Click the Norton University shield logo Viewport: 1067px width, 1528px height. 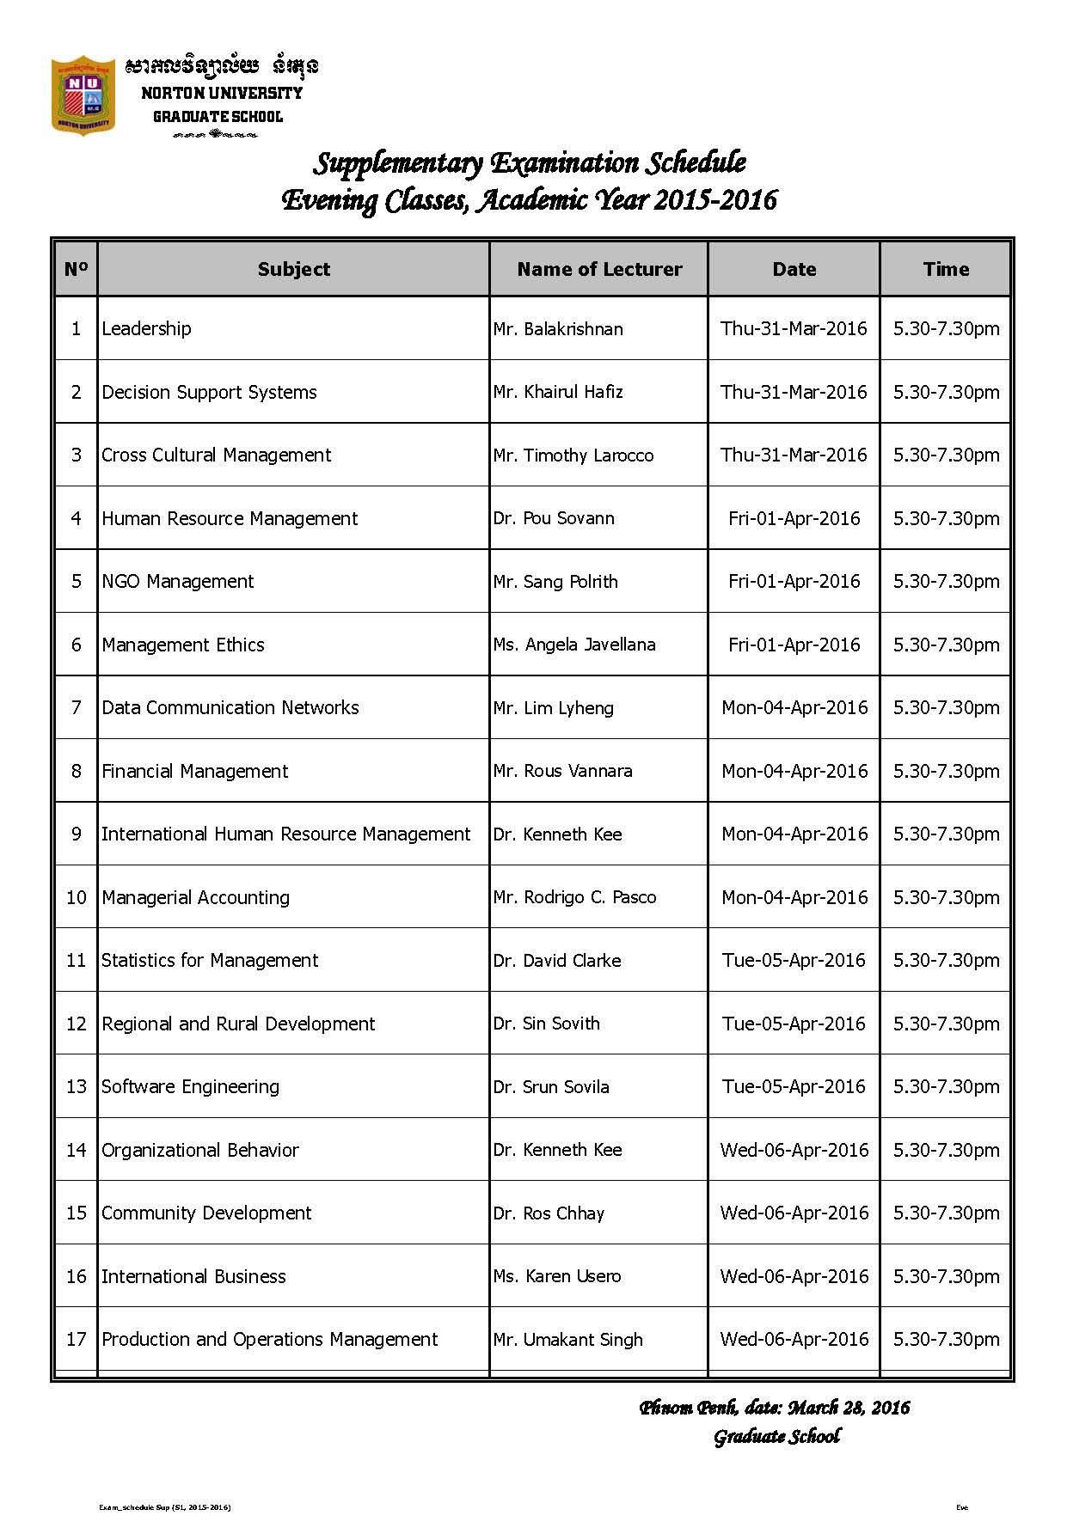[83, 95]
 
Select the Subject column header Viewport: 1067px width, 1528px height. [293, 269]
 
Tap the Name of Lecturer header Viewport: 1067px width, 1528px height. [599, 269]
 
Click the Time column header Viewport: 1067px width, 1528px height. [946, 269]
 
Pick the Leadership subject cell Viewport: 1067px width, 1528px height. [147, 328]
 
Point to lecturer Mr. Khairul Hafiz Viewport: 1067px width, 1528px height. [558, 392]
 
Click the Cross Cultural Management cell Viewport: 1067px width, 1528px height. [216, 455]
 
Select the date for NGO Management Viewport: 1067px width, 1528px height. [794, 581]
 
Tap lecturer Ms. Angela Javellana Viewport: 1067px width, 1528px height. [574, 645]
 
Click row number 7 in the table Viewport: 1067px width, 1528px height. [77, 707]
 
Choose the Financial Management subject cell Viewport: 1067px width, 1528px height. [195, 771]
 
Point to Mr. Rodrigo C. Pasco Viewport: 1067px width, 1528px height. [574, 897]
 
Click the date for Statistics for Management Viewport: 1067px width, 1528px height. [794, 960]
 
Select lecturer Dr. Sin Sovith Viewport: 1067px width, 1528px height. [547, 1024]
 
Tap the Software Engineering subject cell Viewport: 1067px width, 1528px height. [191, 1086]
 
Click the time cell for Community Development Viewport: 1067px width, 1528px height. [946, 1213]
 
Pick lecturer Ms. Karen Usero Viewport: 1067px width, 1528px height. [557, 1276]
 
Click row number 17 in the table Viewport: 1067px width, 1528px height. [77, 1339]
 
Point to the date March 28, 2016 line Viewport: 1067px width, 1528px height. [774, 1408]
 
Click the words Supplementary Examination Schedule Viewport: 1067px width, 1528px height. [529, 162]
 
